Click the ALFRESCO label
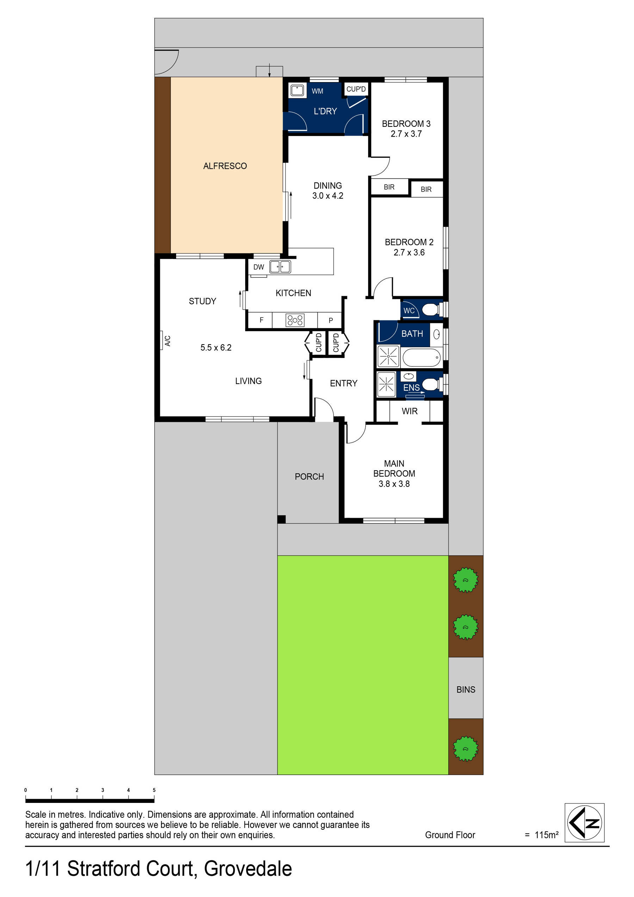click(225, 166)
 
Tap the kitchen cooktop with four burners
click(295, 320)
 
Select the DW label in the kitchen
click(259, 267)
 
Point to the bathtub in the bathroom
click(422, 357)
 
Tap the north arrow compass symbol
click(584, 823)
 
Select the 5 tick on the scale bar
click(154, 790)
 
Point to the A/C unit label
click(168, 341)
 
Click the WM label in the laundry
click(317, 91)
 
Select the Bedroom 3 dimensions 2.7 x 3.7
click(406, 134)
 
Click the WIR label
click(409, 411)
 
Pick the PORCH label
click(309, 477)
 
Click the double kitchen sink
click(280, 267)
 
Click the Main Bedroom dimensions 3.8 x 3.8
click(394, 484)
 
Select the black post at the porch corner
click(281, 519)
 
